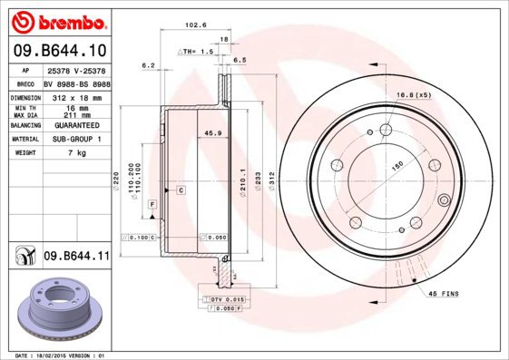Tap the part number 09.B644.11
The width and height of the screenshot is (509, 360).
coord(75,257)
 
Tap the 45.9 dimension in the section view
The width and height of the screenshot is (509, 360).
coord(213,134)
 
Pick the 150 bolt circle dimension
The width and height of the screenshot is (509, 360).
coord(396,168)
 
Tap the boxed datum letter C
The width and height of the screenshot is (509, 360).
coord(181,190)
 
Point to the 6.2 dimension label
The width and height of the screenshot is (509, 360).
coord(149,65)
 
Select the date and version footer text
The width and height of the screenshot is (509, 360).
coord(58,355)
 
